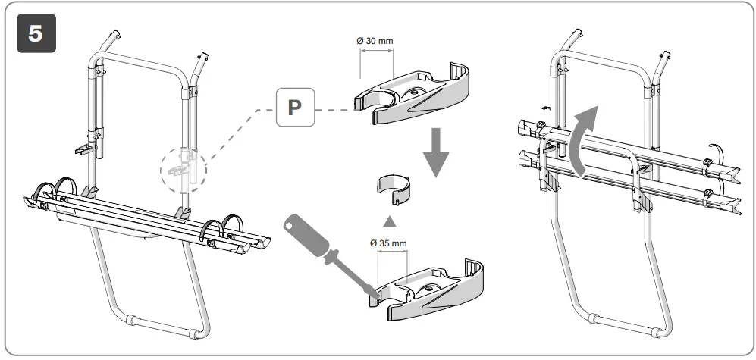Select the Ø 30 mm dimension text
[377, 40]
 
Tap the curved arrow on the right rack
[584, 140]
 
